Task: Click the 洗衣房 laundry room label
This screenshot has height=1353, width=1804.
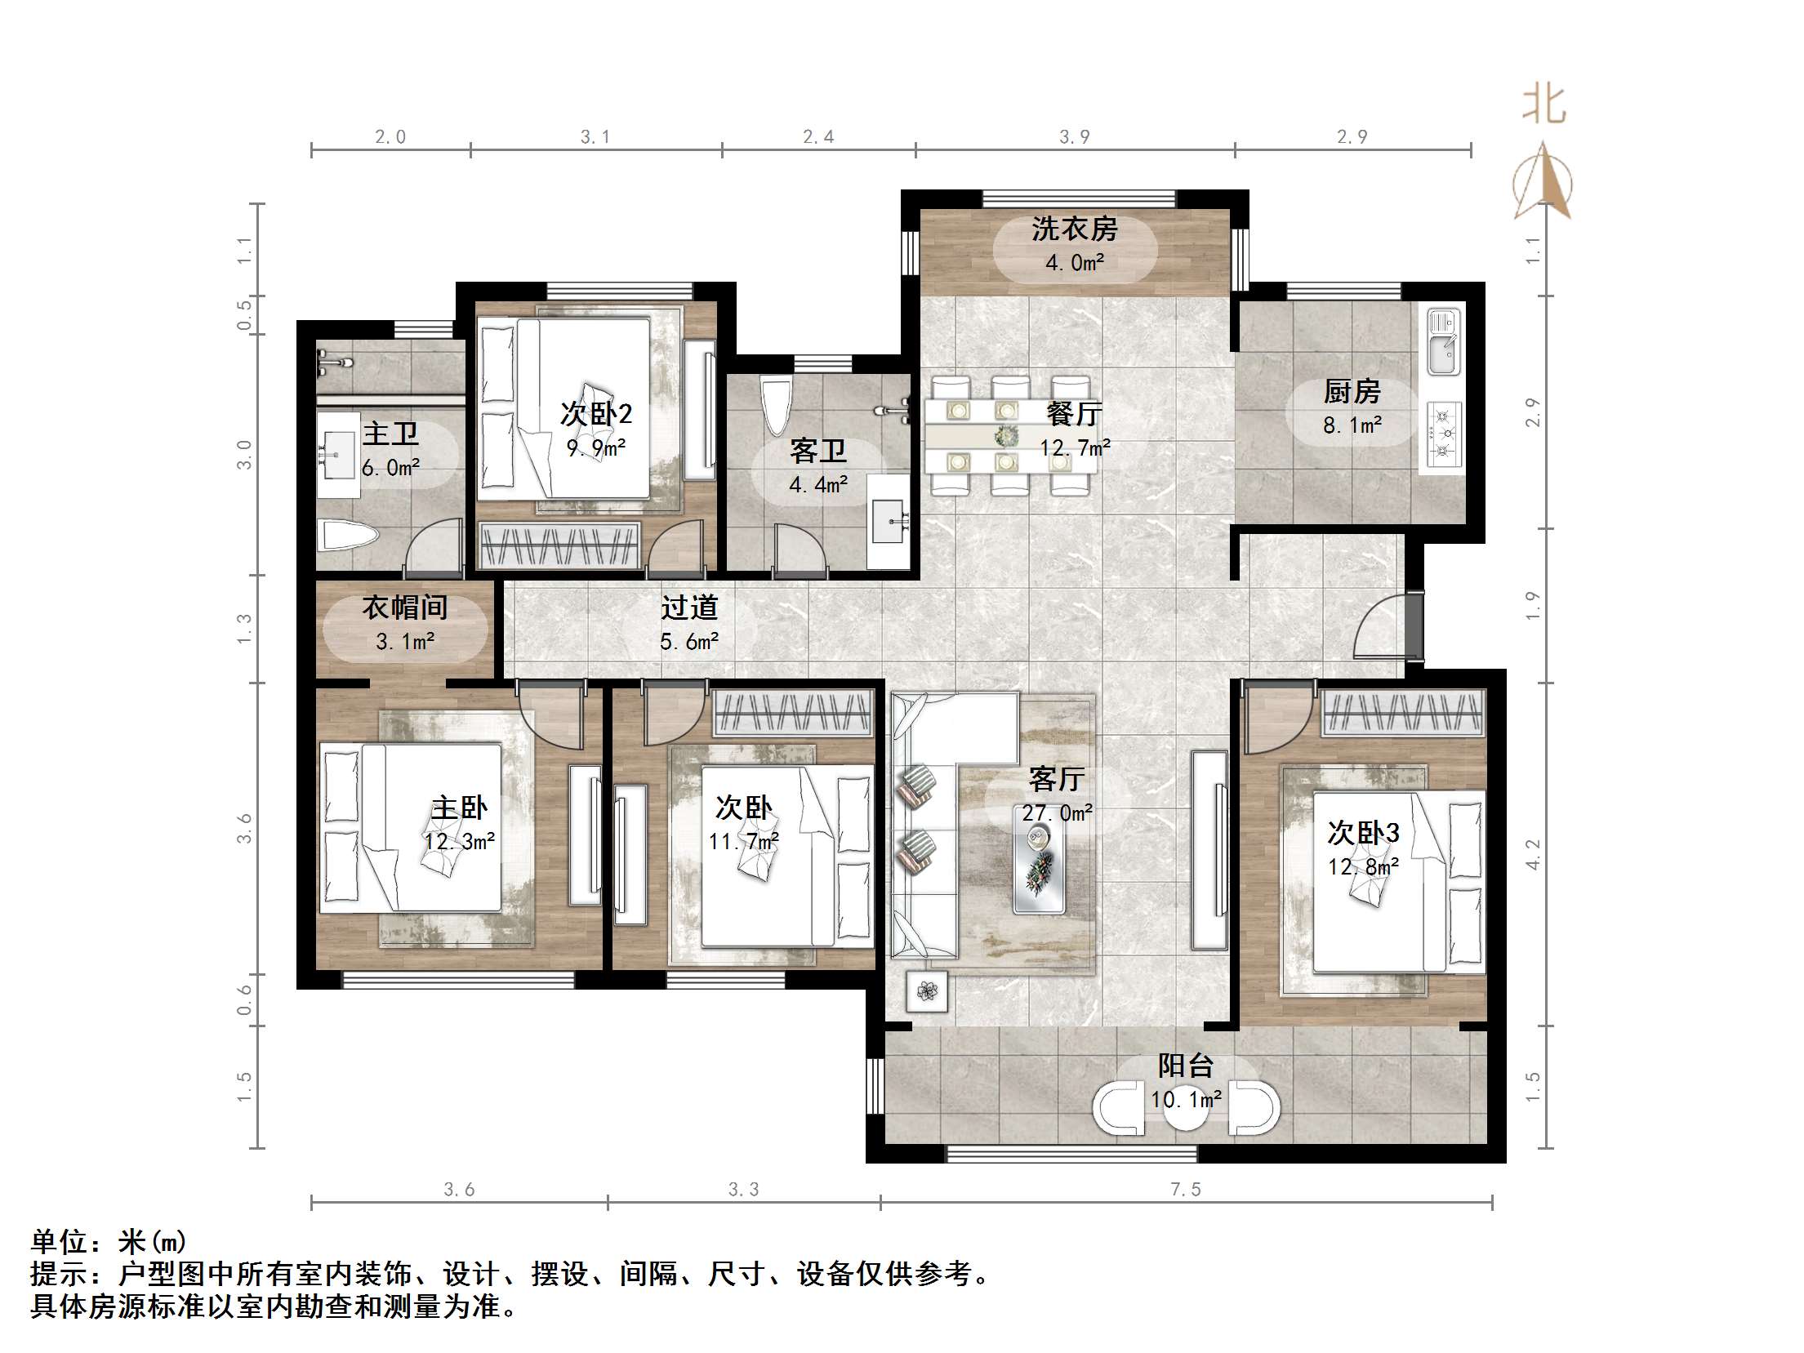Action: pyautogui.click(x=1074, y=229)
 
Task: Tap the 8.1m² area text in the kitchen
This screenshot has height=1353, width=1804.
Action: pyautogui.click(x=1352, y=425)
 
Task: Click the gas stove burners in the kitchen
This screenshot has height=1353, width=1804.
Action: pyautogui.click(x=1445, y=434)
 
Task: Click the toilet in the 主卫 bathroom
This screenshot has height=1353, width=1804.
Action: pyautogui.click(x=348, y=536)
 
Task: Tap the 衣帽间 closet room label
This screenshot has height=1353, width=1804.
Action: pyautogui.click(x=404, y=608)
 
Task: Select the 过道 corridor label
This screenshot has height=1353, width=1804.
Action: pyautogui.click(x=688, y=608)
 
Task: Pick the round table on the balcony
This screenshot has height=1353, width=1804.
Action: pyautogui.click(x=1185, y=1108)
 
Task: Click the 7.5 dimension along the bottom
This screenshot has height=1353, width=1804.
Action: pyautogui.click(x=1185, y=1190)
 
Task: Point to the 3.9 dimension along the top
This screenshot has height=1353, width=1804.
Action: pyautogui.click(x=1074, y=137)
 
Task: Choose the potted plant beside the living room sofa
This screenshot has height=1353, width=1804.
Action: pyautogui.click(x=927, y=991)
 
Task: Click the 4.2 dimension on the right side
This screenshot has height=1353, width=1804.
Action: pyautogui.click(x=1532, y=853)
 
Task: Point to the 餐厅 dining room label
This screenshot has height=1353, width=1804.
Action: pyautogui.click(x=1074, y=414)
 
